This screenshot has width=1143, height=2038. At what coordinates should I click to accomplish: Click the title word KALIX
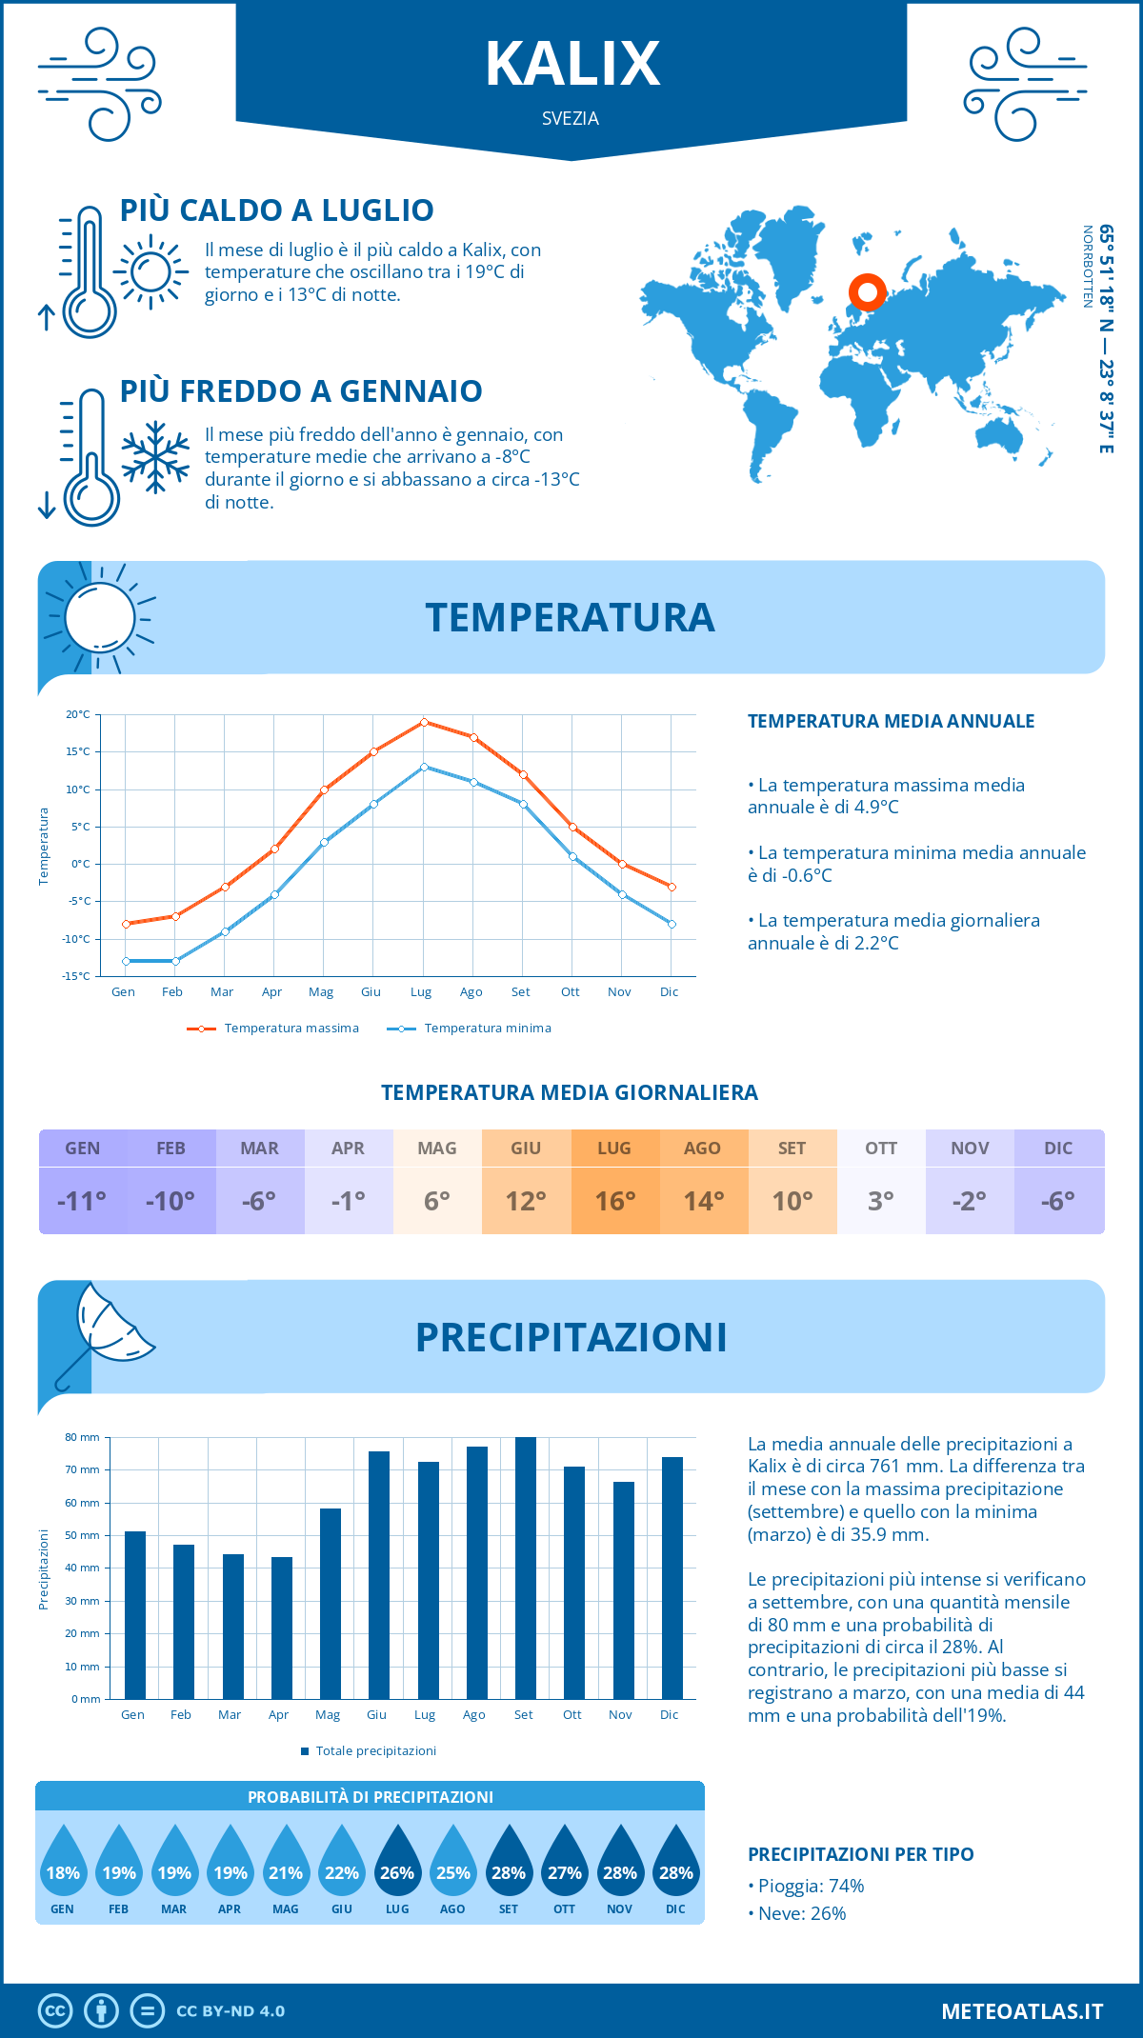click(571, 64)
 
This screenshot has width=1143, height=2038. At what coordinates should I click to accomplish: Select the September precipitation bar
click(525, 1568)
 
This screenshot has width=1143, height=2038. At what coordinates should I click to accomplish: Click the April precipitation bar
click(281, 1628)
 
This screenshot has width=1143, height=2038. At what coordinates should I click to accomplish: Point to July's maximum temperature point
click(424, 722)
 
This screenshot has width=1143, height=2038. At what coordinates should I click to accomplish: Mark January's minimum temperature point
click(126, 961)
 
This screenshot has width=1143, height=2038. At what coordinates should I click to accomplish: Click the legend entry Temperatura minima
click(487, 1029)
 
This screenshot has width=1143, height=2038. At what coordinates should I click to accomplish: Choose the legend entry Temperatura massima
click(291, 1029)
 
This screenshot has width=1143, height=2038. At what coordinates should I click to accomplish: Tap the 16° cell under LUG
click(614, 1201)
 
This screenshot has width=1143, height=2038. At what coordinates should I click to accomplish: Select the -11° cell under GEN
click(82, 1201)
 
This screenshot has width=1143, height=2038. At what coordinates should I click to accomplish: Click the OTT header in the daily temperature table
click(881, 1149)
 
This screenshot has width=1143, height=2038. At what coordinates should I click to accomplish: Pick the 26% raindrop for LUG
click(397, 1864)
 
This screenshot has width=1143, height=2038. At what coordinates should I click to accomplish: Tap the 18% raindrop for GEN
click(63, 1864)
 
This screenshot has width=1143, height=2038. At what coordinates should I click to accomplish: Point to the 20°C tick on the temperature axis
click(78, 714)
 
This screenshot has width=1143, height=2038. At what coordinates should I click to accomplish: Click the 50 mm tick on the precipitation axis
click(82, 1535)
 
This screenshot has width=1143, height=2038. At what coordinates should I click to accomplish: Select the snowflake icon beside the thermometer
click(155, 456)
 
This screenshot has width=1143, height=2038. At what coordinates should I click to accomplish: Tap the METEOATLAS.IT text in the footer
click(1021, 2011)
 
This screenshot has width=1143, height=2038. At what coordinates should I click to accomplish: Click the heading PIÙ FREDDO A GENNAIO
click(301, 391)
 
